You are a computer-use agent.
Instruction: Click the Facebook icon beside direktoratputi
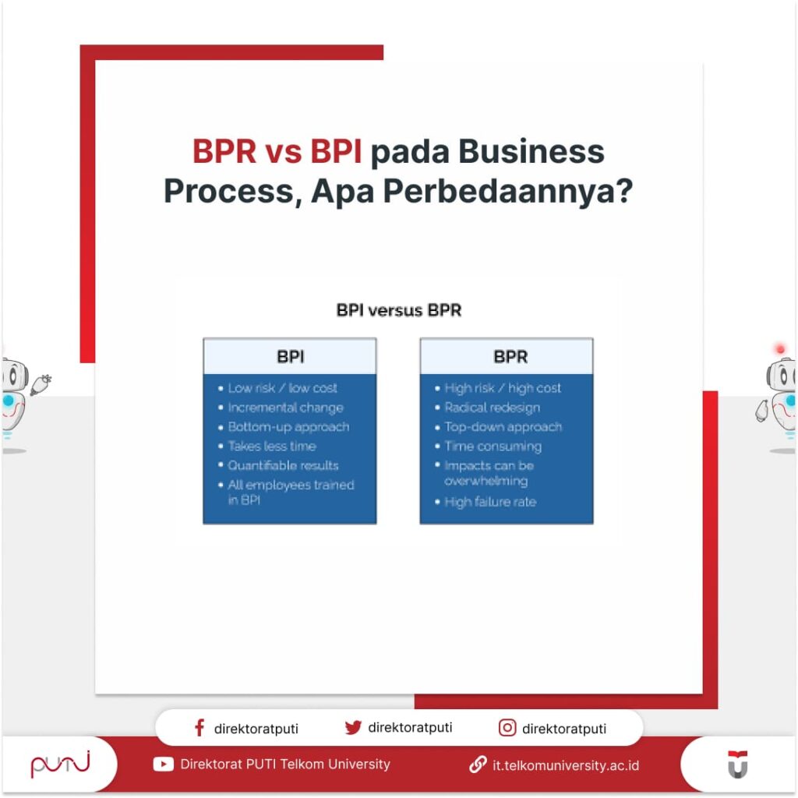tap(199, 728)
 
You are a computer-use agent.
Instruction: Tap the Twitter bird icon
tap(353, 727)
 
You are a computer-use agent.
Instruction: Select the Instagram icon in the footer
tap(507, 728)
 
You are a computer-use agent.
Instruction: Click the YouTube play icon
tap(164, 764)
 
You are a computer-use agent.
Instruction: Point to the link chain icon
tap(478, 764)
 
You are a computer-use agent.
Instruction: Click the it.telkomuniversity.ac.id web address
tap(566, 765)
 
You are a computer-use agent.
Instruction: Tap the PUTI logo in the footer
tap(60, 764)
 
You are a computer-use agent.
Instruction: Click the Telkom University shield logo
tap(737, 764)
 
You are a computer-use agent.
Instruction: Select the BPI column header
tap(290, 357)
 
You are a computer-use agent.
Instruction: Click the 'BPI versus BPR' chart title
tap(398, 310)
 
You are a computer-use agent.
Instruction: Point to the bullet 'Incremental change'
tap(285, 408)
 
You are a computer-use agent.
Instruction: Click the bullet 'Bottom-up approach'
tap(288, 427)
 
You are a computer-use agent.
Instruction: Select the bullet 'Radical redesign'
tap(492, 408)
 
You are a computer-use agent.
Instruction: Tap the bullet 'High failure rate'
tap(490, 502)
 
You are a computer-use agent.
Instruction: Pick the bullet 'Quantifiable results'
tap(283, 465)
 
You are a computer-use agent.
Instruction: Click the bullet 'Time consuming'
tap(493, 447)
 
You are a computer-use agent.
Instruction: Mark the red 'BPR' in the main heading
tap(224, 152)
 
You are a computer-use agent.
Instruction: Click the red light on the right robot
tap(780, 348)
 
